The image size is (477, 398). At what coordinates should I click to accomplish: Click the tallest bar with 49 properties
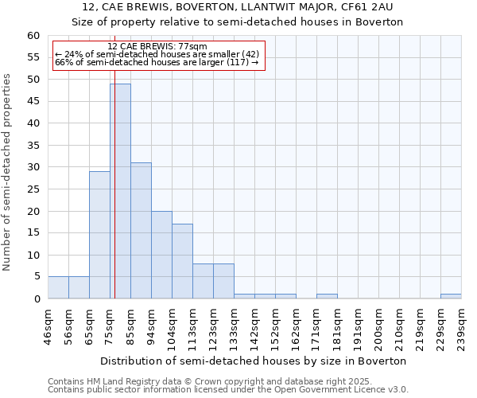coord(120,191)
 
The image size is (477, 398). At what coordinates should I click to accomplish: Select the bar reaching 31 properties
coord(141,231)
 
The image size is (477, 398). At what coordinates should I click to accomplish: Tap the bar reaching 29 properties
coord(99,235)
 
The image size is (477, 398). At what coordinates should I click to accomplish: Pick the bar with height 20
coord(161,255)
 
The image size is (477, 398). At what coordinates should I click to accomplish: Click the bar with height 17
coord(182,261)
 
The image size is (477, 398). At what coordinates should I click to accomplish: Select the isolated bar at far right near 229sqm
coord(451,296)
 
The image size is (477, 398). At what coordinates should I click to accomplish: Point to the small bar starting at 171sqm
coord(327,296)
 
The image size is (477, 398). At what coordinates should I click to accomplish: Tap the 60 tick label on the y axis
coord(33,36)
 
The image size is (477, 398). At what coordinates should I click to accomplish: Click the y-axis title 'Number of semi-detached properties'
coord(8,172)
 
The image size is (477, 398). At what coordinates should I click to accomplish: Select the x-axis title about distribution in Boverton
coord(254,361)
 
